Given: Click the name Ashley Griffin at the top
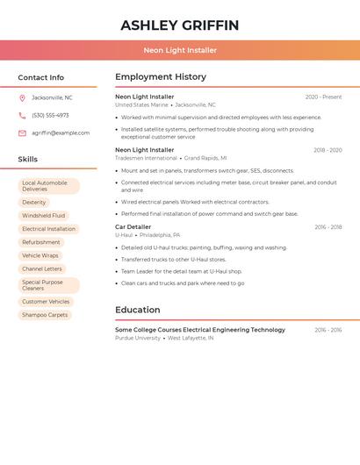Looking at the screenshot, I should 179,25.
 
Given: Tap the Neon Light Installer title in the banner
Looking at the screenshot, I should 179,50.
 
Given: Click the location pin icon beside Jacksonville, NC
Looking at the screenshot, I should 22,97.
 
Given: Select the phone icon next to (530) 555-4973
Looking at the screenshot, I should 22,115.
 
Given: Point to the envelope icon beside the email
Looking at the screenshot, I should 22,133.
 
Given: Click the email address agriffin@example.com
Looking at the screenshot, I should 61,133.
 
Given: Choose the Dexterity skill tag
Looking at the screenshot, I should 34,202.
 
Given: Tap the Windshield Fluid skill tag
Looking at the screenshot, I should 43,215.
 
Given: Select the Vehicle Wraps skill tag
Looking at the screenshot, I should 40,255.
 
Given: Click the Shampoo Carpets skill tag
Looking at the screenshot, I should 45,314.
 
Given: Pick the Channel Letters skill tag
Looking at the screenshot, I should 42,268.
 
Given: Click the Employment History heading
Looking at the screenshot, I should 161,77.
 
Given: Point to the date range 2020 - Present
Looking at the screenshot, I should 323,97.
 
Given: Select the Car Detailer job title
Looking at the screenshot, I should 133,227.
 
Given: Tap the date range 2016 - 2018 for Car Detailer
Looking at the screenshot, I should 328,227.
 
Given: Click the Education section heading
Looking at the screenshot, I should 138,310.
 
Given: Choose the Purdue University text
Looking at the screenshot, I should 138,338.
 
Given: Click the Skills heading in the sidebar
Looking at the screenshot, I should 28,160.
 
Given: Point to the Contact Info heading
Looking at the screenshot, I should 41,77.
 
